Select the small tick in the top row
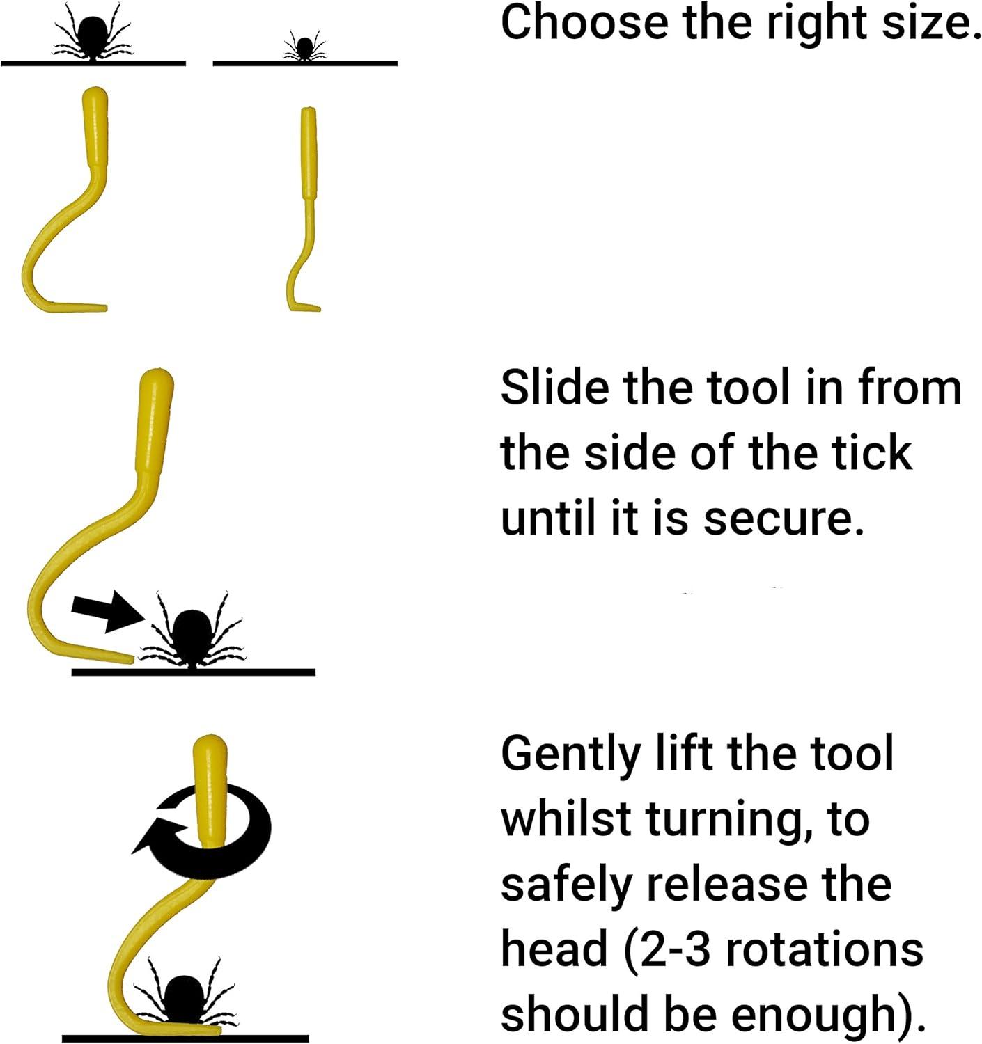click(x=304, y=47)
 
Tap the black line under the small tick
click(x=305, y=63)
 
